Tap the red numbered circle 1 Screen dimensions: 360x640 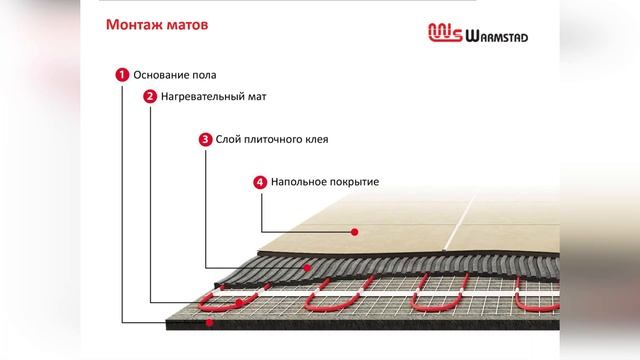coord(122,74)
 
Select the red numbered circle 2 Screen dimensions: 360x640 coord(150,97)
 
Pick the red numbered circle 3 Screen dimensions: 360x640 coord(205,139)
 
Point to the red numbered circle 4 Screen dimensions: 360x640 coord(260,182)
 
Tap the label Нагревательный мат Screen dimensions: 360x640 coord(212,97)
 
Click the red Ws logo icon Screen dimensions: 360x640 coord(444,35)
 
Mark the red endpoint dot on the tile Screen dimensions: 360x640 coord(355,232)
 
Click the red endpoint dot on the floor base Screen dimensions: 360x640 coord(208,323)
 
